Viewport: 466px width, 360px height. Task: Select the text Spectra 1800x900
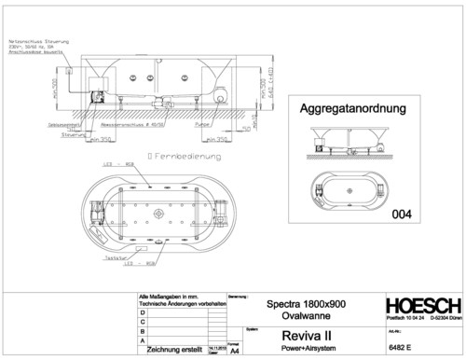pos(305,305)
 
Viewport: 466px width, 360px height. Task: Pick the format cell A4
pos(234,353)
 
